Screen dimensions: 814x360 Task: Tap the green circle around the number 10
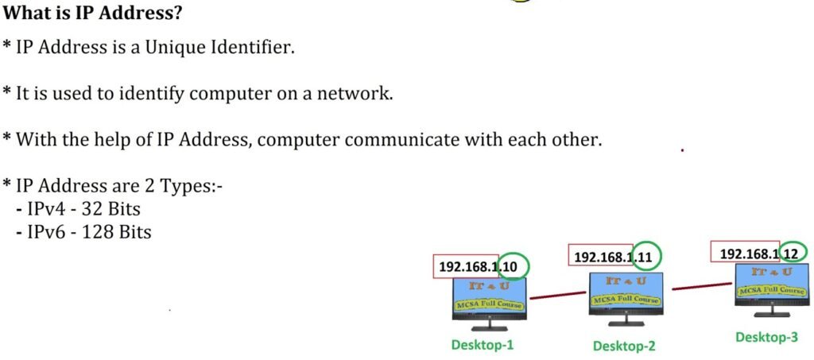tap(513, 267)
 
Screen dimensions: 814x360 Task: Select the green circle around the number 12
tap(793, 254)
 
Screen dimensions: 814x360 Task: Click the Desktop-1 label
tap(483, 344)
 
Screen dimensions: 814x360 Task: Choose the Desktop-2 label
tap(624, 346)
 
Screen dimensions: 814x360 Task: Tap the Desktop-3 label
tap(766, 337)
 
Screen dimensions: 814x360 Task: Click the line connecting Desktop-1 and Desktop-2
tap(557, 295)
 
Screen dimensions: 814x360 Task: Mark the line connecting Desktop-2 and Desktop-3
tap(702, 286)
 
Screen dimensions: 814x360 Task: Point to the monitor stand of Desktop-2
tap(626, 320)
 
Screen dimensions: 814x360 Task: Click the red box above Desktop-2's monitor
tap(601, 255)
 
